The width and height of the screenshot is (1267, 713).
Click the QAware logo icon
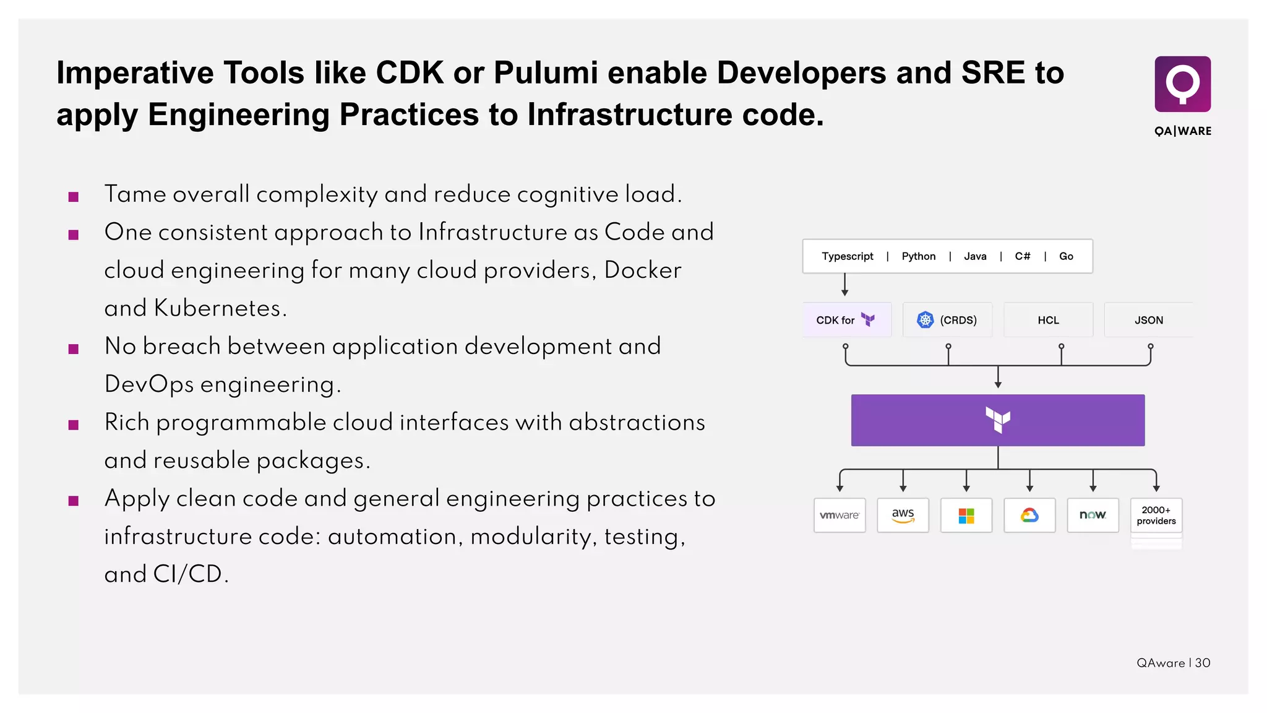click(1182, 84)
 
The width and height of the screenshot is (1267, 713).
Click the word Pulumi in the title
click(546, 73)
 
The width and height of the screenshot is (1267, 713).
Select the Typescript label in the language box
click(847, 256)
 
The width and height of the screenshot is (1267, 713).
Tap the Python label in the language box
click(918, 256)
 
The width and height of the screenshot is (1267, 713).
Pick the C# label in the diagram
click(1022, 256)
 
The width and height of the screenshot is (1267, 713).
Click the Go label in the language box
click(1066, 256)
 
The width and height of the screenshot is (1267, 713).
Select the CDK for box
click(846, 320)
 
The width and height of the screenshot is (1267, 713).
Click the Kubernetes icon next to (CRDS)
click(925, 320)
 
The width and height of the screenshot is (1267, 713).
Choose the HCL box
click(1048, 320)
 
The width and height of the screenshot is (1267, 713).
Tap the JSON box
click(1148, 320)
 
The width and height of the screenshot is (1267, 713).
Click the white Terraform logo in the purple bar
click(998, 420)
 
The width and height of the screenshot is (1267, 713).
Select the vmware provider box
click(840, 515)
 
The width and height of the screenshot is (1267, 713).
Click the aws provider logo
click(903, 515)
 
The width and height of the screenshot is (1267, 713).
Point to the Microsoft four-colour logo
click(966, 515)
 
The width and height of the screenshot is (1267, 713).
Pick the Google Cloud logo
click(1029, 515)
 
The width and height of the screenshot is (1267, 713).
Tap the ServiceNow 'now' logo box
click(1093, 515)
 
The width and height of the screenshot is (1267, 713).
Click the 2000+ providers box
click(1156, 515)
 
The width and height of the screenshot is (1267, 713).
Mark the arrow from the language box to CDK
click(844, 285)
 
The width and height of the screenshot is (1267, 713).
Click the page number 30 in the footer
click(1203, 663)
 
